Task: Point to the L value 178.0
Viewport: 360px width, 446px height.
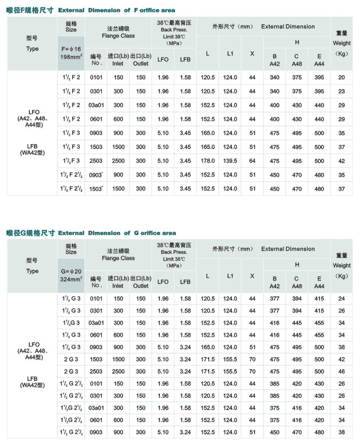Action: (x=207, y=161)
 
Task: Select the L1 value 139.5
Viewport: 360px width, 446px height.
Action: (x=231, y=161)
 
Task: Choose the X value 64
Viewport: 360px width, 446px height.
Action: (x=252, y=161)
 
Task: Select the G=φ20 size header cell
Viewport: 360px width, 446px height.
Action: (x=71, y=271)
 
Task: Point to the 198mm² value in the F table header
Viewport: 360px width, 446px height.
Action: (x=71, y=57)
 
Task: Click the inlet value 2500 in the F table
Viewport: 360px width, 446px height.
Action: (x=118, y=161)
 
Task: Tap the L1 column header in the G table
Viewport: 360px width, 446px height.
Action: (x=231, y=276)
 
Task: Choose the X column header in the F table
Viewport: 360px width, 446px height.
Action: (x=252, y=53)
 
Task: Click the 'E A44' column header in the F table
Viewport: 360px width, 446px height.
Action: (x=319, y=59)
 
